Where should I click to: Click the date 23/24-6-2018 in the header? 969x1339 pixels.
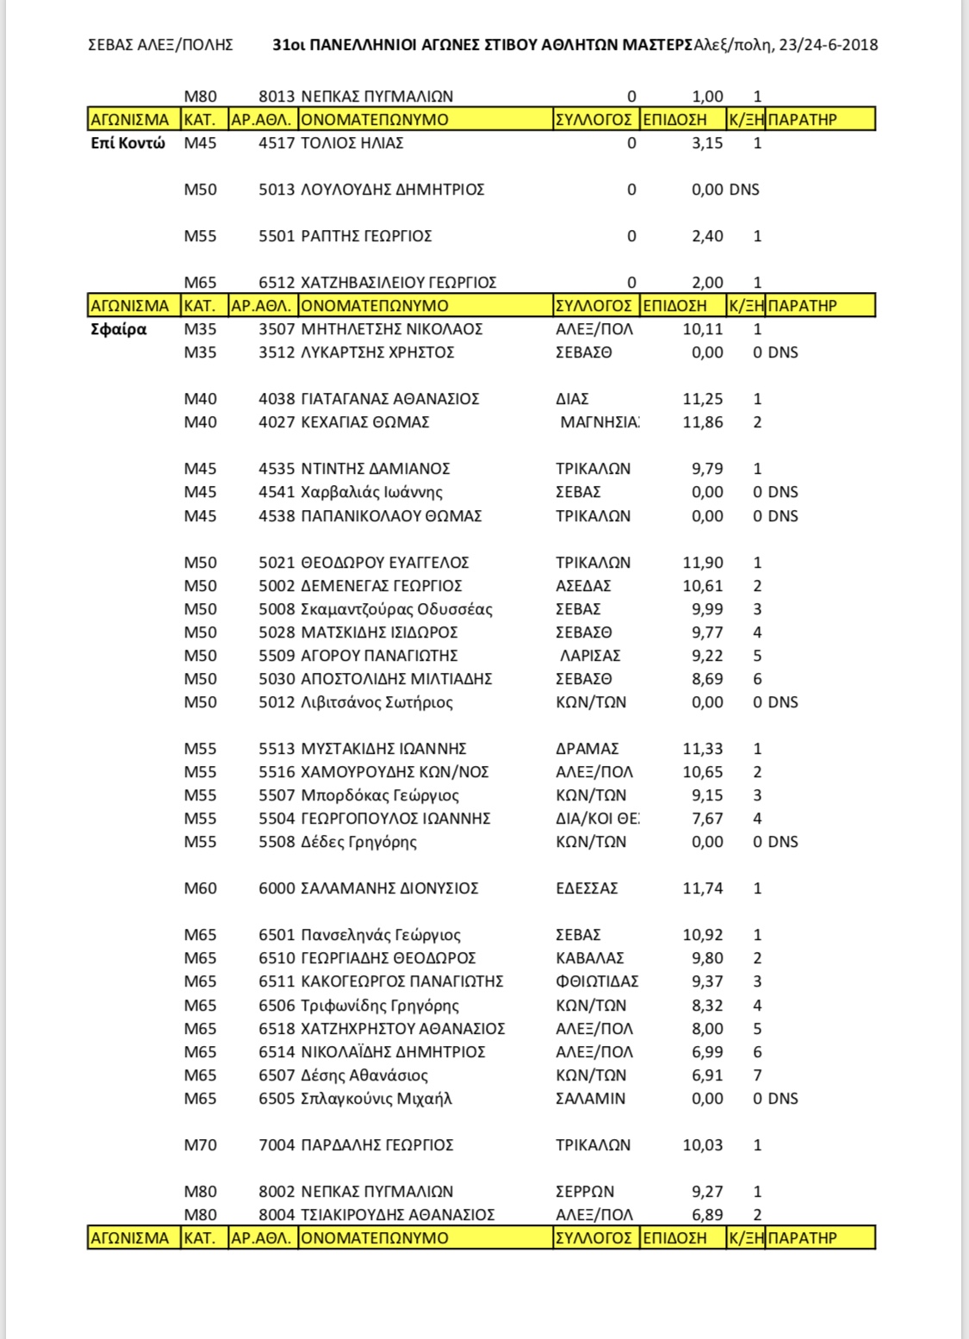pos(828,45)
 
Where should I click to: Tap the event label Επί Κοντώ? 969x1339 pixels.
pos(127,143)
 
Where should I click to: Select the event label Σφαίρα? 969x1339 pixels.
pos(119,329)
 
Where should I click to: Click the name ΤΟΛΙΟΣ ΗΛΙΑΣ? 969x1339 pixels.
pos(352,143)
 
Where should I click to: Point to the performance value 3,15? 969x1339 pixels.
pos(707,143)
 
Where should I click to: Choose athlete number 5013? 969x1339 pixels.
pos(276,190)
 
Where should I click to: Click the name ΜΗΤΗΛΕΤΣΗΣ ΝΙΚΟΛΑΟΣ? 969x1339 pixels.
pos(392,329)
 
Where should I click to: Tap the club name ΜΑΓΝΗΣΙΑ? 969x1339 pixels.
pos(599,422)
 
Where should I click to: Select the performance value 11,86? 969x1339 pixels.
pos(703,422)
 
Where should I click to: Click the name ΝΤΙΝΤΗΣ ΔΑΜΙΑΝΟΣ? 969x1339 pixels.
pos(376,469)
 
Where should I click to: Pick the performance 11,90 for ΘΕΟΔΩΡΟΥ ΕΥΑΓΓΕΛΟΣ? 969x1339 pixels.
pos(703,563)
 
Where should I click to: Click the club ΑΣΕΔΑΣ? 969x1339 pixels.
pos(583,586)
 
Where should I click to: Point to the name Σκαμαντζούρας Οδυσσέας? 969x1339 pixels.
pos(397,609)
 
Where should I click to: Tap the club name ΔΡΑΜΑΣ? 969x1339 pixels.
pos(587,749)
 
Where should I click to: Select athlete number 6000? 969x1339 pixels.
pos(276,888)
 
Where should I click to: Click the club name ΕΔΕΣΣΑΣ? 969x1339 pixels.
pos(587,888)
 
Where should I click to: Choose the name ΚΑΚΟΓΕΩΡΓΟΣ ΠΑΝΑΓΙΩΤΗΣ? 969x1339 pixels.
pos(402,981)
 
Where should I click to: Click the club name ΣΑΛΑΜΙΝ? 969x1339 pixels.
pos(591,1099)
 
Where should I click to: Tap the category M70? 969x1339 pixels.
pos(201,1145)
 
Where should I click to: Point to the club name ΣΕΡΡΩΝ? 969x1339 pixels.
pos(585,1192)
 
